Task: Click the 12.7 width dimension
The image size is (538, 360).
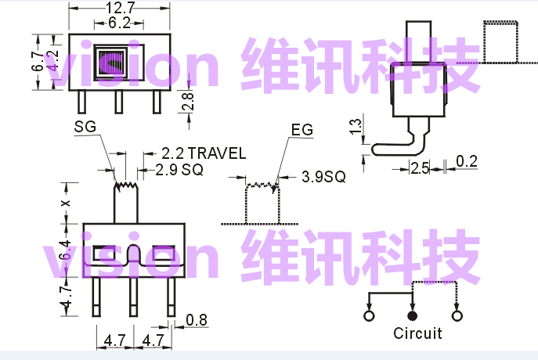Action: [x=120, y=8]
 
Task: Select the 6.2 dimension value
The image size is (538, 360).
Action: [x=119, y=23]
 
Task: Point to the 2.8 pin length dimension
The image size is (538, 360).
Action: [x=188, y=101]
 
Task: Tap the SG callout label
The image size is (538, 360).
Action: [x=85, y=127]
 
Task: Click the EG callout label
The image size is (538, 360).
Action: [x=302, y=130]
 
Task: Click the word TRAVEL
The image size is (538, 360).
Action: [x=217, y=153]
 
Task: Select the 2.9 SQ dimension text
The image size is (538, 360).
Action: [x=179, y=170]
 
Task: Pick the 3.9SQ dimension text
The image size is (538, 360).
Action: [x=323, y=177]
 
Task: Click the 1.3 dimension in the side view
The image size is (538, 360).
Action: [x=356, y=127]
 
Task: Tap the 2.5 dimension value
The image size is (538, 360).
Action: [x=420, y=168]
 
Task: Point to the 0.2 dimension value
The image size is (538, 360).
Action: [x=467, y=161]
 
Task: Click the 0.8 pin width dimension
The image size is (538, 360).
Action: [x=197, y=320]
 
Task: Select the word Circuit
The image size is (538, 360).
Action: [x=417, y=333]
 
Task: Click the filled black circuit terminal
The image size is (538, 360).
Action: [x=413, y=315]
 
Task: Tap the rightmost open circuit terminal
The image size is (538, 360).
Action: [x=457, y=315]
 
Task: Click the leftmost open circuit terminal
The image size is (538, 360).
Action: [x=369, y=315]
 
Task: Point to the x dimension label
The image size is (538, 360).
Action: [x=66, y=203]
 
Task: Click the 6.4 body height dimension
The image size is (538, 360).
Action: [x=65, y=250]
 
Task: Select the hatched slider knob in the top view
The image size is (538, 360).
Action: [x=110, y=63]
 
